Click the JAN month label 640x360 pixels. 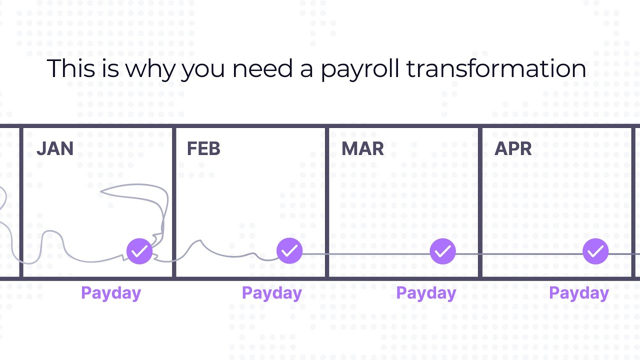(55, 149)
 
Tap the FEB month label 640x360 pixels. (203, 149)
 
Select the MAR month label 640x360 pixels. (362, 149)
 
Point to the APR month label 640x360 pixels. (513, 149)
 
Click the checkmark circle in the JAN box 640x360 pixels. (139, 251)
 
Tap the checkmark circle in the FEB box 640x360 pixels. (289, 251)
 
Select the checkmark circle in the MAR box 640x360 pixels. (442, 251)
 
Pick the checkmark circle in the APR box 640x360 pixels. (595, 251)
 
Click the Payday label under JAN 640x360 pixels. (111, 293)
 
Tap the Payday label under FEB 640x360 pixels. (271, 293)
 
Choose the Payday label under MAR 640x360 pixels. (426, 293)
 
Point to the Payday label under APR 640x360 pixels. (578, 293)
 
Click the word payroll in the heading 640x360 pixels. (360, 69)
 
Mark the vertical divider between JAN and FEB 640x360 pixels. (174, 202)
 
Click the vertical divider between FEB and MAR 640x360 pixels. (327, 202)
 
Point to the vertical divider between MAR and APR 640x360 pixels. (480, 202)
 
